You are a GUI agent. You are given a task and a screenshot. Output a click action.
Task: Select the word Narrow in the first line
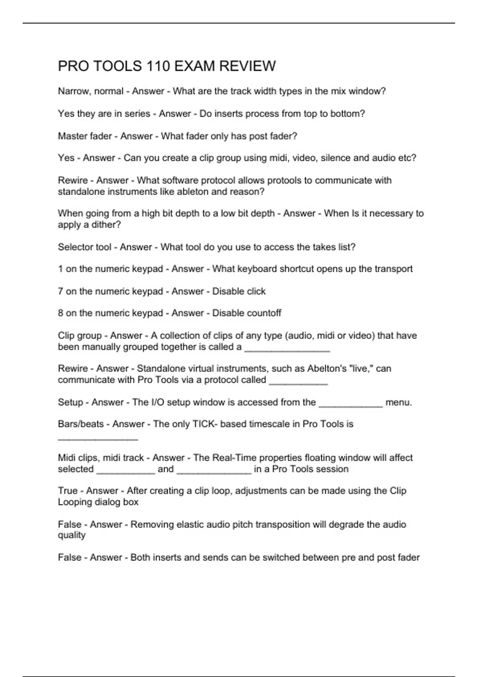click(x=74, y=91)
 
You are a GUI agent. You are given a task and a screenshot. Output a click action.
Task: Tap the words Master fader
click(x=85, y=136)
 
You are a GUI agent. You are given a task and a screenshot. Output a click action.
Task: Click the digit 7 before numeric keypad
click(x=61, y=291)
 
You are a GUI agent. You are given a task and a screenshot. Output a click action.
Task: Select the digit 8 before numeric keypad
click(x=61, y=313)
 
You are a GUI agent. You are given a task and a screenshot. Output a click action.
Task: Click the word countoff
click(x=261, y=313)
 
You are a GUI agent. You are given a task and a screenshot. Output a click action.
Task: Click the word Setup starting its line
click(x=71, y=402)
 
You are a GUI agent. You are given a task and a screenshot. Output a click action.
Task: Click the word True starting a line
click(x=68, y=491)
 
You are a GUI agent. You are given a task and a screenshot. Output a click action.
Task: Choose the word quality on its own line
click(x=72, y=535)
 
